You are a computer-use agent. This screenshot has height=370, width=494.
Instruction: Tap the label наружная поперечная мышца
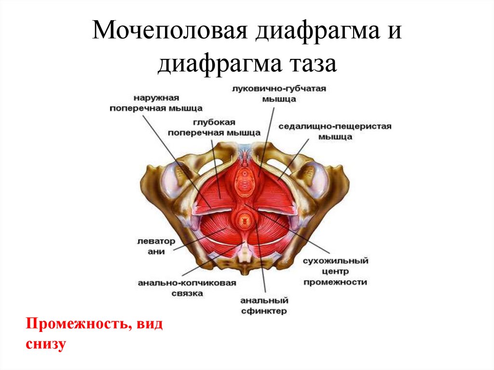tap(156, 103)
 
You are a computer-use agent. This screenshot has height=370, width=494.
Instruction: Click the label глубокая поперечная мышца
tap(214, 127)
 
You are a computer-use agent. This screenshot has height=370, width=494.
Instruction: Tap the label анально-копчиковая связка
tap(187, 288)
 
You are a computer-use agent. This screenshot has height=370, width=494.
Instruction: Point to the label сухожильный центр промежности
tap(335, 271)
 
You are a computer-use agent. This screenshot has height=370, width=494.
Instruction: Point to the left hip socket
tap(172, 180)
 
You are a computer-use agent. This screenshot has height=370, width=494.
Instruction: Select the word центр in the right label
tap(335, 271)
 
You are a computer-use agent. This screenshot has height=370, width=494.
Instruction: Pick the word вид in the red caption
tap(149, 324)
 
